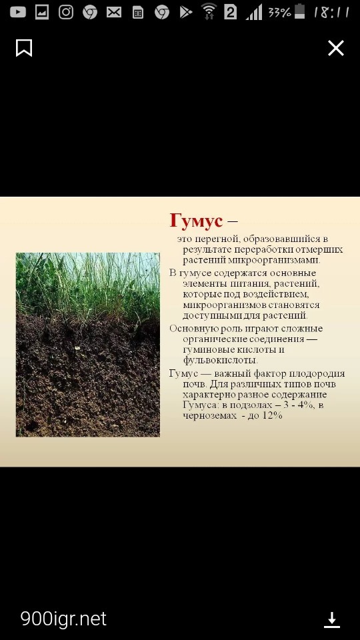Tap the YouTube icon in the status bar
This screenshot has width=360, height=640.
pyautogui.click(x=17, y=12)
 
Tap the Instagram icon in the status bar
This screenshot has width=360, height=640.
pyautogui.click(x=66, y=12)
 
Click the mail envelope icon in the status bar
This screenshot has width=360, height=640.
pyautogui.click(x=114, y=13)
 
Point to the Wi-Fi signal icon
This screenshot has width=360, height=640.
pyautogui.click(x=209, y=11)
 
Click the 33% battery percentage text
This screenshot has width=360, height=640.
pyautogui.click(x=279, y=12)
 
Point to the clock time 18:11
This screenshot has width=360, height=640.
pyautogui.click(x=331, y=12)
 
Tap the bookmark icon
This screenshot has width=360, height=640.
pyautogui.click(x=24, y=48)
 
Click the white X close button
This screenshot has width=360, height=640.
pyautogui.click(x=336, y=48)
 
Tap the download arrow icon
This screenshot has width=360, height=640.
pyautogui.click(x=332, y=619)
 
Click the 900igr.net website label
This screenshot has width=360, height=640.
pyautogui.click(x=63, y=619)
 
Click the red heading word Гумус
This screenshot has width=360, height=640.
pyautogui.click(x=196, y=221)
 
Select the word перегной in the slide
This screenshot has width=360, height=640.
pyautogui.click(x=212, y=239)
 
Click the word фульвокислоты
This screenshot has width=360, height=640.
pyautogui.click(x=220, y=361)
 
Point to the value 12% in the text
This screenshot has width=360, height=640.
pyautogui.click(x=272, y=415)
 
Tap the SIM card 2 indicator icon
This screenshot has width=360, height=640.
pyautogui.click(x=230, y=13)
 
